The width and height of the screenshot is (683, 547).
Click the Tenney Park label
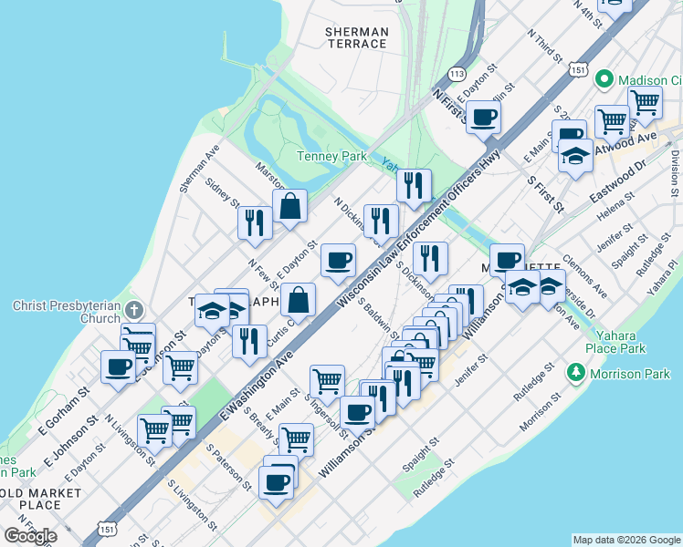click(x=332, y=156)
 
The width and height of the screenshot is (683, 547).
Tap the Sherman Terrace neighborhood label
click(x=357, y=37)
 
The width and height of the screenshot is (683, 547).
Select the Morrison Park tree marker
click(x=576, y=372)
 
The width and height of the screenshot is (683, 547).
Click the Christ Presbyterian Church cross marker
click(x=134, y=307)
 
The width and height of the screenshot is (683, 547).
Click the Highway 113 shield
click(x=457, y=72)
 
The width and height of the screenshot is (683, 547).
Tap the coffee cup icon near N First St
click(x=483, y=116)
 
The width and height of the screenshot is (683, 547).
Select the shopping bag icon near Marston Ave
click(x=289, y=206)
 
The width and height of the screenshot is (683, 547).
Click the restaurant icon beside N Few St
click(x=254, y=222)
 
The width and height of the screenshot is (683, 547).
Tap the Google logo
click(x=29, y=535)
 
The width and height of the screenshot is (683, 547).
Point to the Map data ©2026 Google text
click(x=625, y=540)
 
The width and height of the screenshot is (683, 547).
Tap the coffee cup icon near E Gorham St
click(x=118, y=366)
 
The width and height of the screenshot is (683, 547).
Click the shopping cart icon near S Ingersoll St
click(x=327, y=380)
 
